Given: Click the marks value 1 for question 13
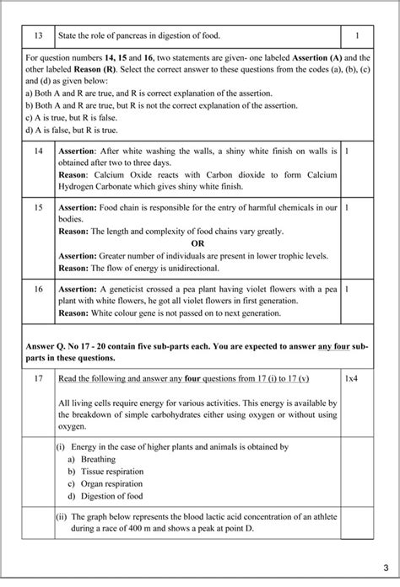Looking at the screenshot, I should (358, 36).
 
